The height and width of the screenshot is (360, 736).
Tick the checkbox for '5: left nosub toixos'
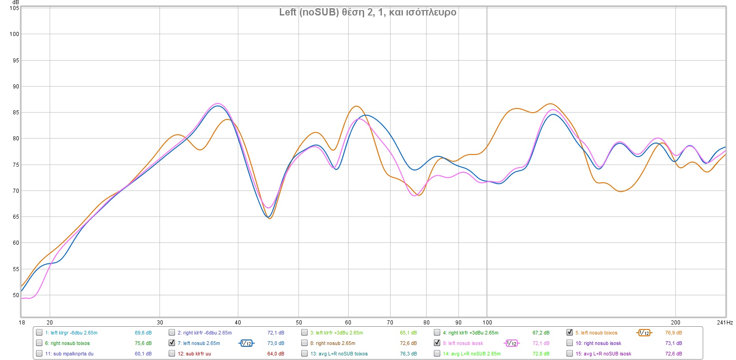tap(570, 332)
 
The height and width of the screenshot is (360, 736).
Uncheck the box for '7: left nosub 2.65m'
tap(172, 343)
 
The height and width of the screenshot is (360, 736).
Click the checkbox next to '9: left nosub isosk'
tap(437, 343)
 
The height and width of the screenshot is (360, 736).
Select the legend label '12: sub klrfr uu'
tap(194, 354)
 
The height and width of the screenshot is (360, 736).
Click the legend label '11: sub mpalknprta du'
tap(69, 354)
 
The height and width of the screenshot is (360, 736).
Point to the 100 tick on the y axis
tap(14, 34)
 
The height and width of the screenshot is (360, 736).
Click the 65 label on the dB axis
tap(15, 217)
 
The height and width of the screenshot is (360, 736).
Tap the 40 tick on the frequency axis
tap(238, 323)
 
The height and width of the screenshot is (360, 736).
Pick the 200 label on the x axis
tap(675, 323)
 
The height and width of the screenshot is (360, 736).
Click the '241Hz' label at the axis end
tap(725, 323)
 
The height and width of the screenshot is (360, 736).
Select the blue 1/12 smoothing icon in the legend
tap(246, 343)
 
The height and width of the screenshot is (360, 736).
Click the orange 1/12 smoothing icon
tap(644, 333)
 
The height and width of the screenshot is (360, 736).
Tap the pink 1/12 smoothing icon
tap(511, 343)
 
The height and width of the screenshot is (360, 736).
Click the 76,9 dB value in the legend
tap(673, 333)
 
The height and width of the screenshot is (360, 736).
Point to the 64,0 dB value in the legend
tap(275, 354)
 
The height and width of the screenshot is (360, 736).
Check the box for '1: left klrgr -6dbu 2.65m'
tap(39, 332)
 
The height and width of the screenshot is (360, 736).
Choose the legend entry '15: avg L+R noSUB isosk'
tap(603, 354)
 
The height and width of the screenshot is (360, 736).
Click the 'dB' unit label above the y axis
tap(15, 2)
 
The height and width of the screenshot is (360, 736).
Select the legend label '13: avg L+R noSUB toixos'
tap(339, 354)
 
